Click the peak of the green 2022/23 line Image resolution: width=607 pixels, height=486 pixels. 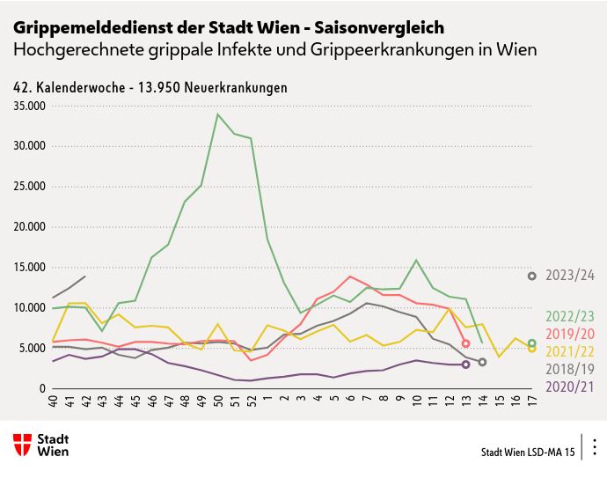(218, 114)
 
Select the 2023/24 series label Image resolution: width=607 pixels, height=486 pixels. (570, 276)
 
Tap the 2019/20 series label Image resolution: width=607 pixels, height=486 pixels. (570, 333)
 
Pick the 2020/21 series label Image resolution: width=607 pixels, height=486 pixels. (570, 386)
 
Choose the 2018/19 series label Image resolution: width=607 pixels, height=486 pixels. (570, 368)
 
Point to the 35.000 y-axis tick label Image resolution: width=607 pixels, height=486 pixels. (30, 106)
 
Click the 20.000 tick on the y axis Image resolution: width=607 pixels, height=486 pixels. (30, 226)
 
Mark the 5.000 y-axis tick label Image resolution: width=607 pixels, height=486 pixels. (33, 348)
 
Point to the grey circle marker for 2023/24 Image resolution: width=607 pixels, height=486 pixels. (532, 276)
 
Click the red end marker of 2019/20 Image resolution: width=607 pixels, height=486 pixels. (465, 343)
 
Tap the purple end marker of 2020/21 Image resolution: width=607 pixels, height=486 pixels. (465, 364)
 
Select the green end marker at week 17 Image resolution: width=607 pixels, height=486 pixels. (532, 343)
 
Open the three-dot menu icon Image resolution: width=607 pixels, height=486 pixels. (595, 446)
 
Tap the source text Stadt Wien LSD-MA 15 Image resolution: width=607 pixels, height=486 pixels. (528, 453)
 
